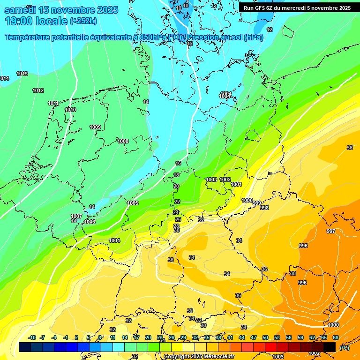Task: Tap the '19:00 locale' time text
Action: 36,21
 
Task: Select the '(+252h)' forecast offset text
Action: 83,21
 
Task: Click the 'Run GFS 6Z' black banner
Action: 297,8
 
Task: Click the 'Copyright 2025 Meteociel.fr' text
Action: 199,356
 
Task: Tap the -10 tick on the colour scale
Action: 32,338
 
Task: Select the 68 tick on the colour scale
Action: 336,338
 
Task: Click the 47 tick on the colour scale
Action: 254,338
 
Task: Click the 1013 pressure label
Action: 22,74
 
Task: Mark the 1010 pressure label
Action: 70,110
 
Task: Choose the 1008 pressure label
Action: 123,141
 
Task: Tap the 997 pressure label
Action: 331,231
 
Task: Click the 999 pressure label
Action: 257,203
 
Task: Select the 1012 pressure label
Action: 38,90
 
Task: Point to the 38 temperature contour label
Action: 293,273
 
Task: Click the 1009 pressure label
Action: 95,127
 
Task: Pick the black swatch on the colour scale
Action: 330,347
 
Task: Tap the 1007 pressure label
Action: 76,216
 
